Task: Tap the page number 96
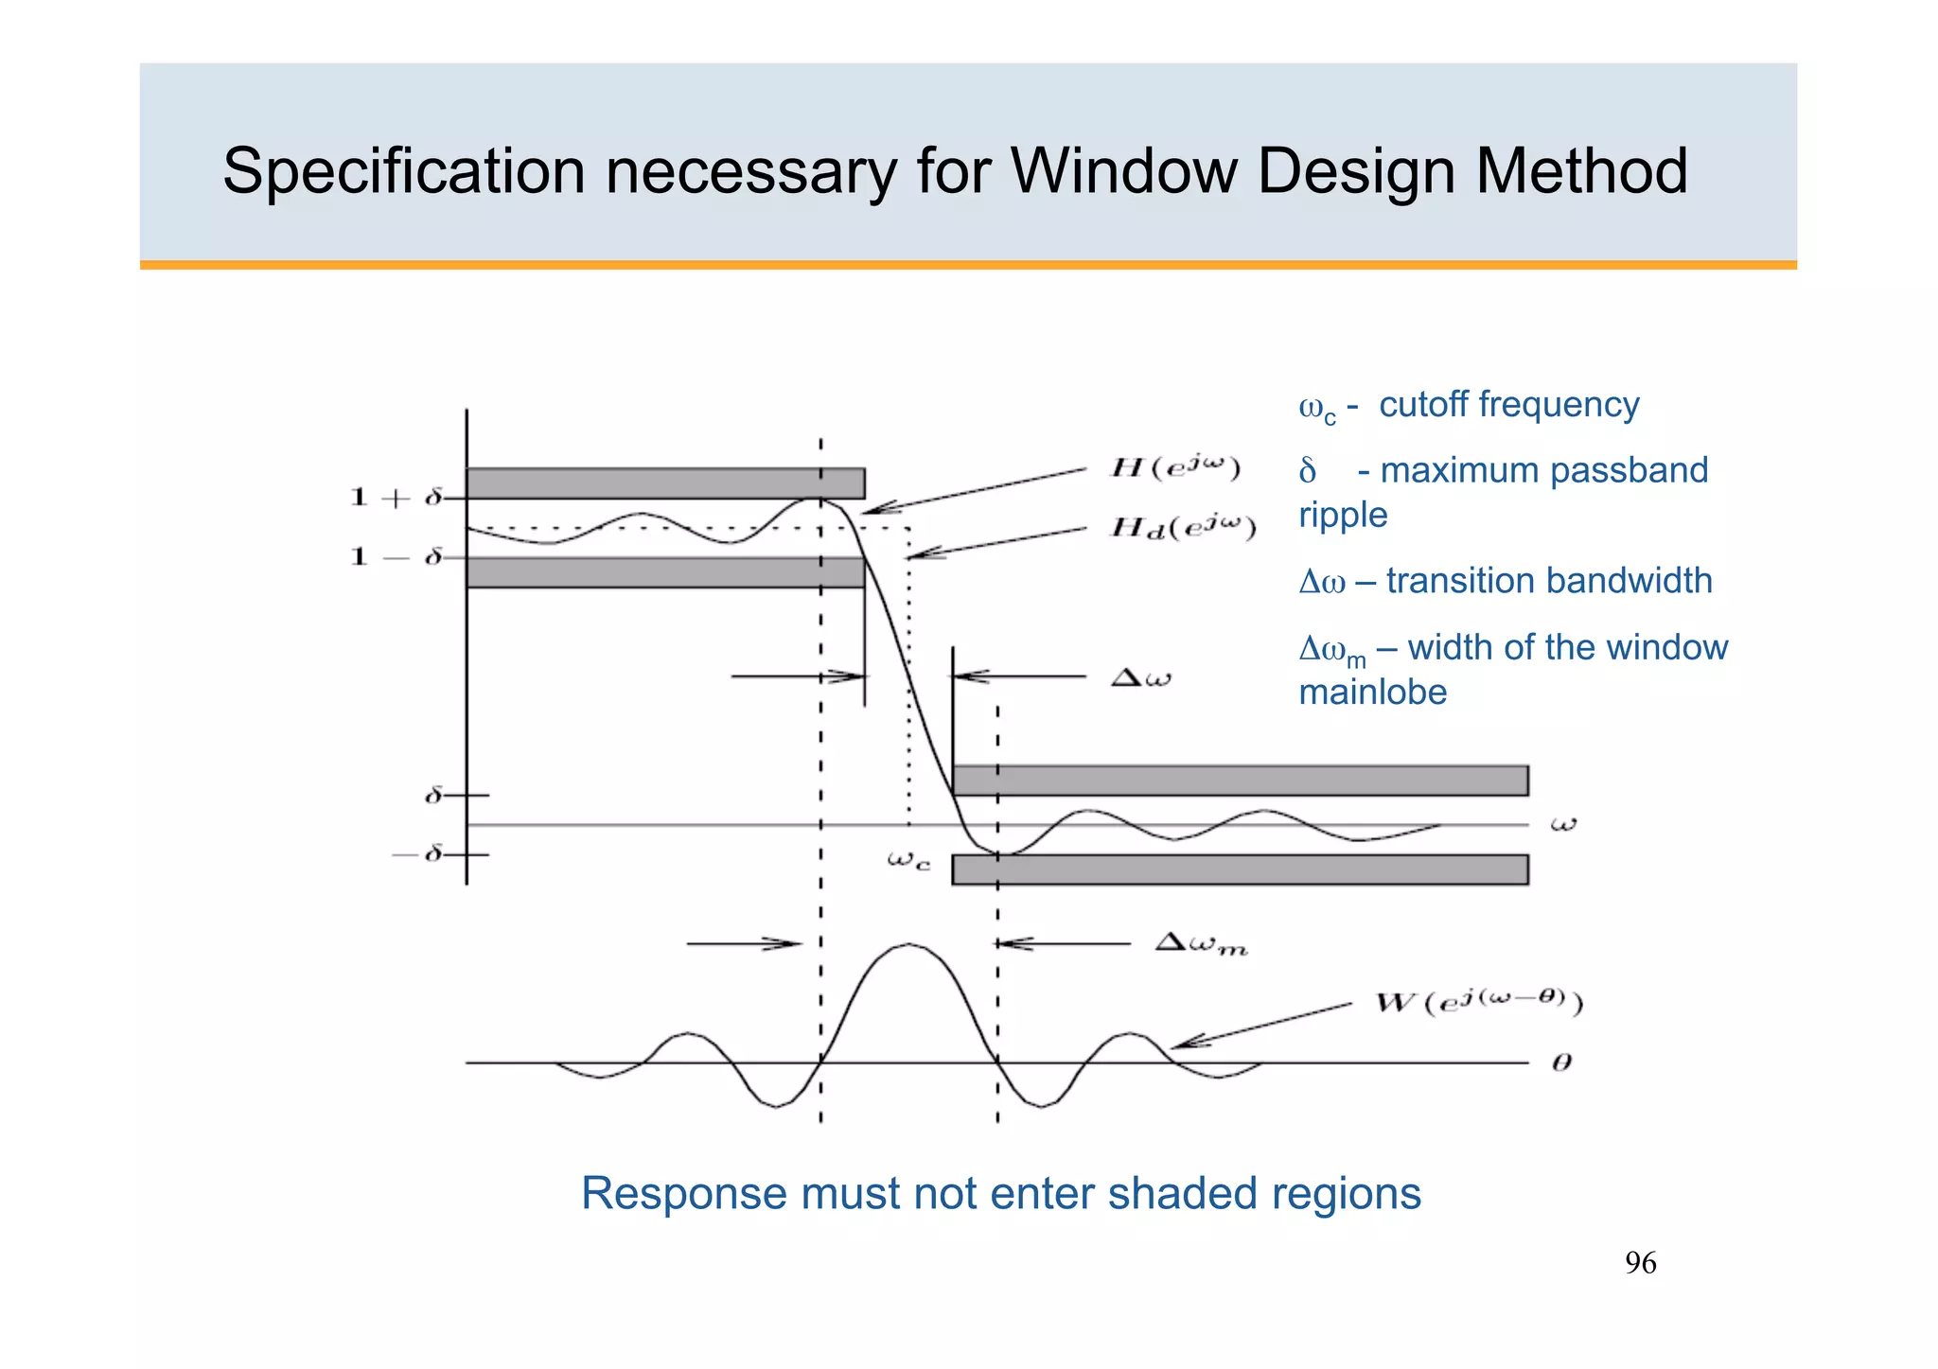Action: [x=1640, y=1263]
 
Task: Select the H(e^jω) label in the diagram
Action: [x=1174, y=467]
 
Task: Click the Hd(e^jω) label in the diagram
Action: [x=1183, y=528]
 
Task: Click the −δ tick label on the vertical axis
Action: [x=418, y=854]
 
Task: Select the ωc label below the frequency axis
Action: [x=908, y=860]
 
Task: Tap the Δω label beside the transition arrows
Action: [x=1140, y=677]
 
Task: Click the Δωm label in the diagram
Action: [x=1201, y=944]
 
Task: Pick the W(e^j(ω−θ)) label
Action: [x=1478, y=1002]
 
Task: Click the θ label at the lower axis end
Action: [x=1562, y=1062]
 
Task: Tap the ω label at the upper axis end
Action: [x=1563, y=824]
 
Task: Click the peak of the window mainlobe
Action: [x=908, y=944]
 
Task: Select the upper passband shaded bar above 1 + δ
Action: [x=664, y=483]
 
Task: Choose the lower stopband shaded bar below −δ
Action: [x=1240, y=869]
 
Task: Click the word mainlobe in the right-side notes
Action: [x=1372, y=693]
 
